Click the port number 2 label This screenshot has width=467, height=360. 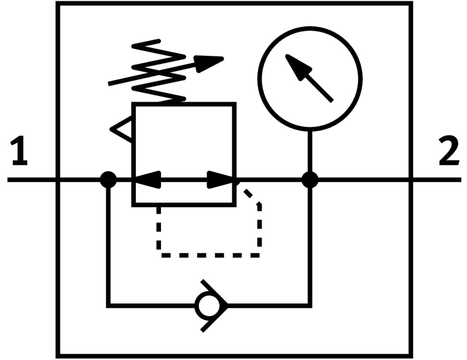[448, 153]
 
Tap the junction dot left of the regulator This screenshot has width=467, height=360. [108, 180]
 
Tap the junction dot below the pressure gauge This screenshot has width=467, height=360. [310, 180]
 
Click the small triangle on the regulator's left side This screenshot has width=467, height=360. [122, 129]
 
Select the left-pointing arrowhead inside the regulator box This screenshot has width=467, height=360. [146, 180]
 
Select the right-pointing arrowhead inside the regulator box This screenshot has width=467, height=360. [221, 180]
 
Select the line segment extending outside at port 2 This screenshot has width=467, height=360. [436, 180]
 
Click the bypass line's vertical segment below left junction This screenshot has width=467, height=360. [108, 243]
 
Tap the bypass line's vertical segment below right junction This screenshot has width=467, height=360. [310, 243]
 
